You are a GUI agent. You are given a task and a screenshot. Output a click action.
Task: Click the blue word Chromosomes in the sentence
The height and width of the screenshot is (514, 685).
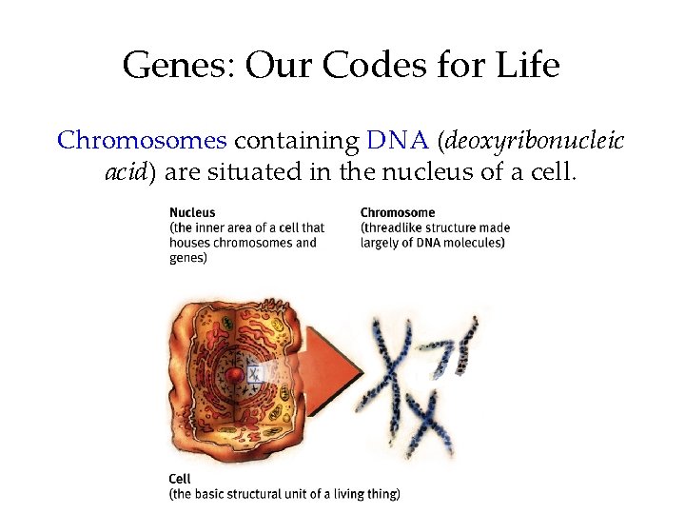pyautogui.click(x=142, y=141)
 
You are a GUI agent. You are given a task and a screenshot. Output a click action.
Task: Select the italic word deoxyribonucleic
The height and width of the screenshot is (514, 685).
pyautogui.click(x=533, y=141)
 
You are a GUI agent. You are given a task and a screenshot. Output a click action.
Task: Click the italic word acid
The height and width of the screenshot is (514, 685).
pyautogui.click(x=124, y=173)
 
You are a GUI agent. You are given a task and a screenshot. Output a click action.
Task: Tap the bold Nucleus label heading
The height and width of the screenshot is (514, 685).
pyautogui.click(x=192, y=213)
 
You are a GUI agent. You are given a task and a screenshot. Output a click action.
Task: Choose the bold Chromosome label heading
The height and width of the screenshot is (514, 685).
pyautogui.click(x=398, y=213)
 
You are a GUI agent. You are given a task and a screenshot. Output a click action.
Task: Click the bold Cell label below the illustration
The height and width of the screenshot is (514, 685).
pyautogui.click(x=179, y=479)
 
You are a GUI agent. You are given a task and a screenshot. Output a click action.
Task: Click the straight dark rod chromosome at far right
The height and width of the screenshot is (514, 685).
pyautogui.click(x=467, y=346)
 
